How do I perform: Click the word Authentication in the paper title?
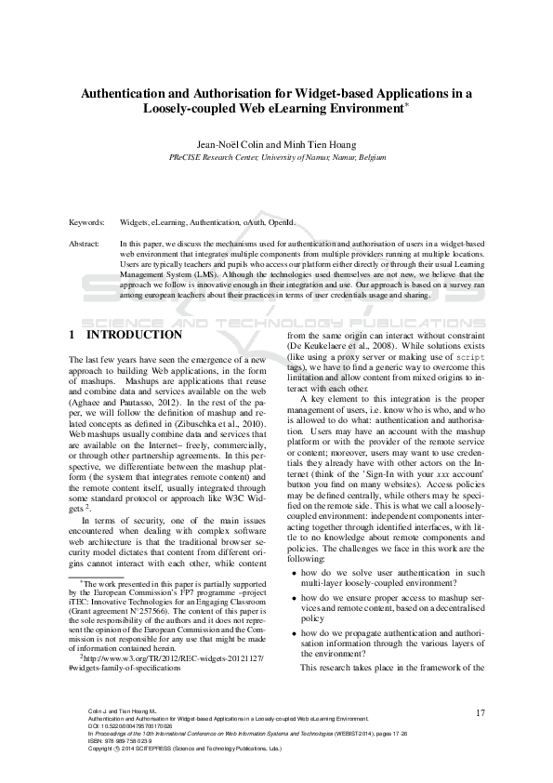(x=126, y=93)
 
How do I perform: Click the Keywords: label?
(x=87, y=223)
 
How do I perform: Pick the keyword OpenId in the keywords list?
(x=281, y=223)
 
